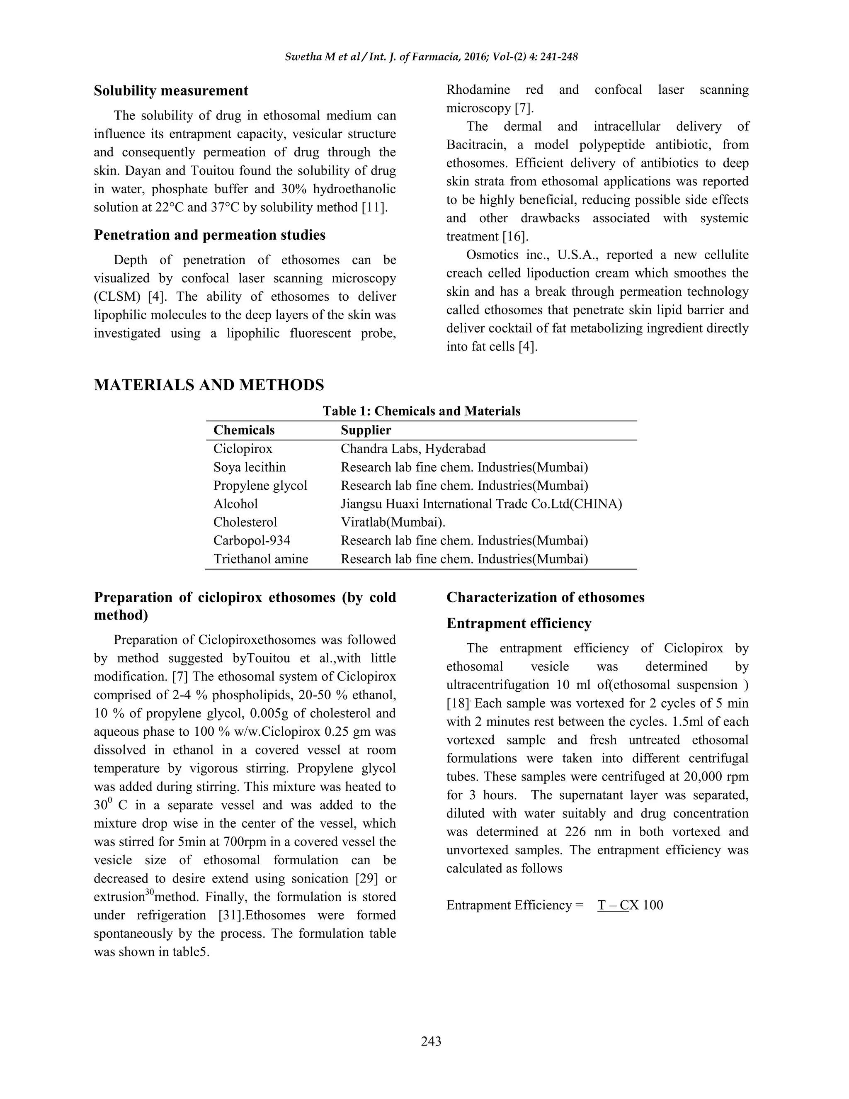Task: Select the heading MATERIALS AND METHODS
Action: (x=209, y=385)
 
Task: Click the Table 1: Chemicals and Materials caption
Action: (x=421, y=411)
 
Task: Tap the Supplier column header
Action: (x=366, y=430)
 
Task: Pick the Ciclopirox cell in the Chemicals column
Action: (x=243, y=449)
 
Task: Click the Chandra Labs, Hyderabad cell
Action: (x=413, y=449)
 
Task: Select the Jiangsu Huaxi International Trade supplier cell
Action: (x=481, y=504)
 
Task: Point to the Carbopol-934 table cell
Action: (x=252, y=540)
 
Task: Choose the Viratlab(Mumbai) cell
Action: (x=393, y=522)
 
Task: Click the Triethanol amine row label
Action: (x=260, y=559)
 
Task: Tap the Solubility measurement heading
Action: (x=171, y=91)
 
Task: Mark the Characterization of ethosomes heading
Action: (x=545, y=597)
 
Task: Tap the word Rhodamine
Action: (x=478, y=90)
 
